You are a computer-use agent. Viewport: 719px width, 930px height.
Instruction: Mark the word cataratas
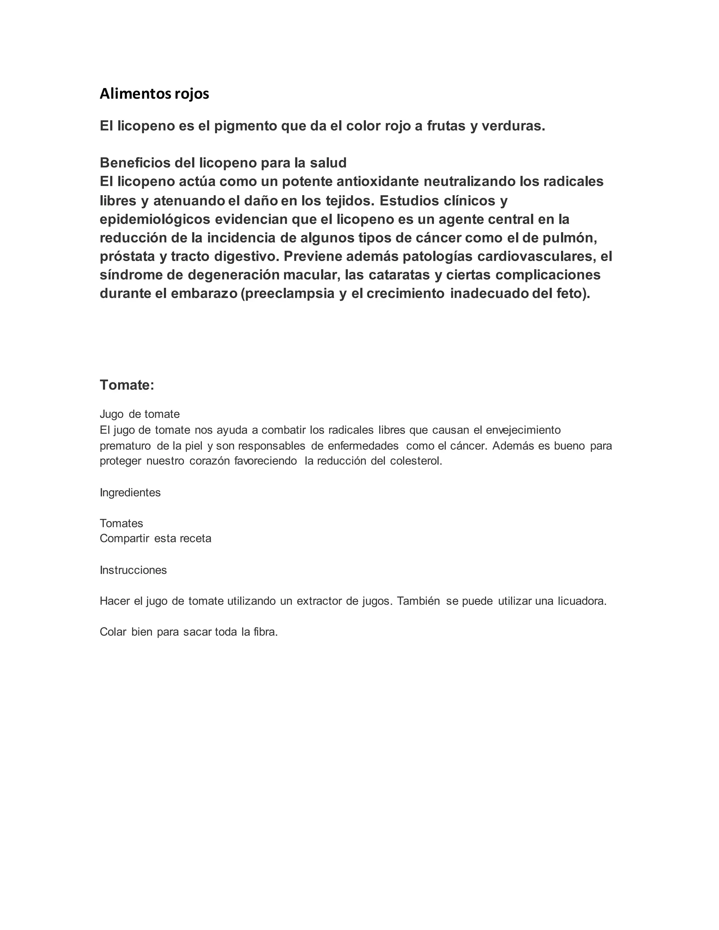click(399, 275)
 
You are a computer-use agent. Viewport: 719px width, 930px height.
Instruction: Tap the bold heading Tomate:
click(126, 385)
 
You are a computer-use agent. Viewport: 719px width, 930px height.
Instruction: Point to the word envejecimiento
click(523, 430)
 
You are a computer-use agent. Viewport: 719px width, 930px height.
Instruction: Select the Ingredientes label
click(130, 493)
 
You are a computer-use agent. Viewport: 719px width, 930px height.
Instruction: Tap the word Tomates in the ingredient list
click(121, 523)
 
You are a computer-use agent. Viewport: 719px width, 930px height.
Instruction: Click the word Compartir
click(124, 539)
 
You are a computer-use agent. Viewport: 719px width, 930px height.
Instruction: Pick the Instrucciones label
click(133, 570)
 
